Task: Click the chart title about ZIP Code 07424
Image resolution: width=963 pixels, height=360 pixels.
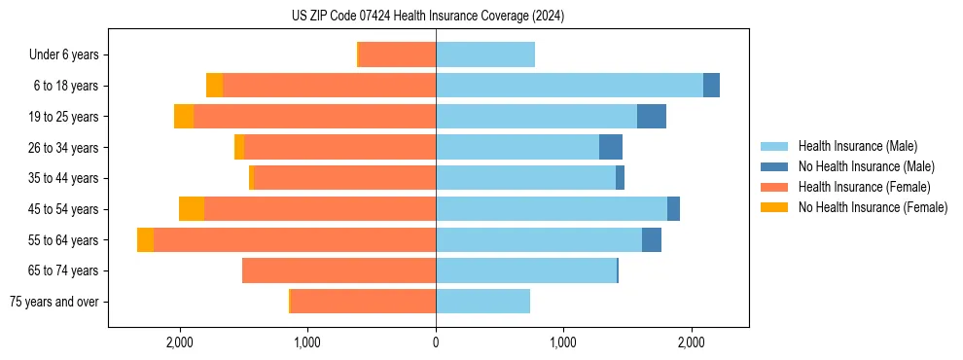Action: coord(427,16)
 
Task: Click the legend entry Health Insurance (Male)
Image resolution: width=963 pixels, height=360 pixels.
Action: coord(857,146)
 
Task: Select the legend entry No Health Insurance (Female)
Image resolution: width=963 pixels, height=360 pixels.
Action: coord(873,207)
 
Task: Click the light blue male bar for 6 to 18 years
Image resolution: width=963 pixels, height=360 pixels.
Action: coord(569,86)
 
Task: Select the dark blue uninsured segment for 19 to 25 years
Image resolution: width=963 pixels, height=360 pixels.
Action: coord(652,117)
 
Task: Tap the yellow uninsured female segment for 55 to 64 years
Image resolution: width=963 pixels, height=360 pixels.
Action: coord(145,240)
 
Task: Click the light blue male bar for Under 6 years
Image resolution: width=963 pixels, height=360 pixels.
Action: coord(485,55)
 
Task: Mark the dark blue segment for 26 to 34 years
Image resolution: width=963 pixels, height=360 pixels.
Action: coord(611,148)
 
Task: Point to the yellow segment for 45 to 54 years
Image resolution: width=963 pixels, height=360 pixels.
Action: coord(192,209)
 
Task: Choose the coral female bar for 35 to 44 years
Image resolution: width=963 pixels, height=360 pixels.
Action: coord(344,178)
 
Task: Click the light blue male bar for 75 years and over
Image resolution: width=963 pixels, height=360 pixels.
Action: coord(482,302)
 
